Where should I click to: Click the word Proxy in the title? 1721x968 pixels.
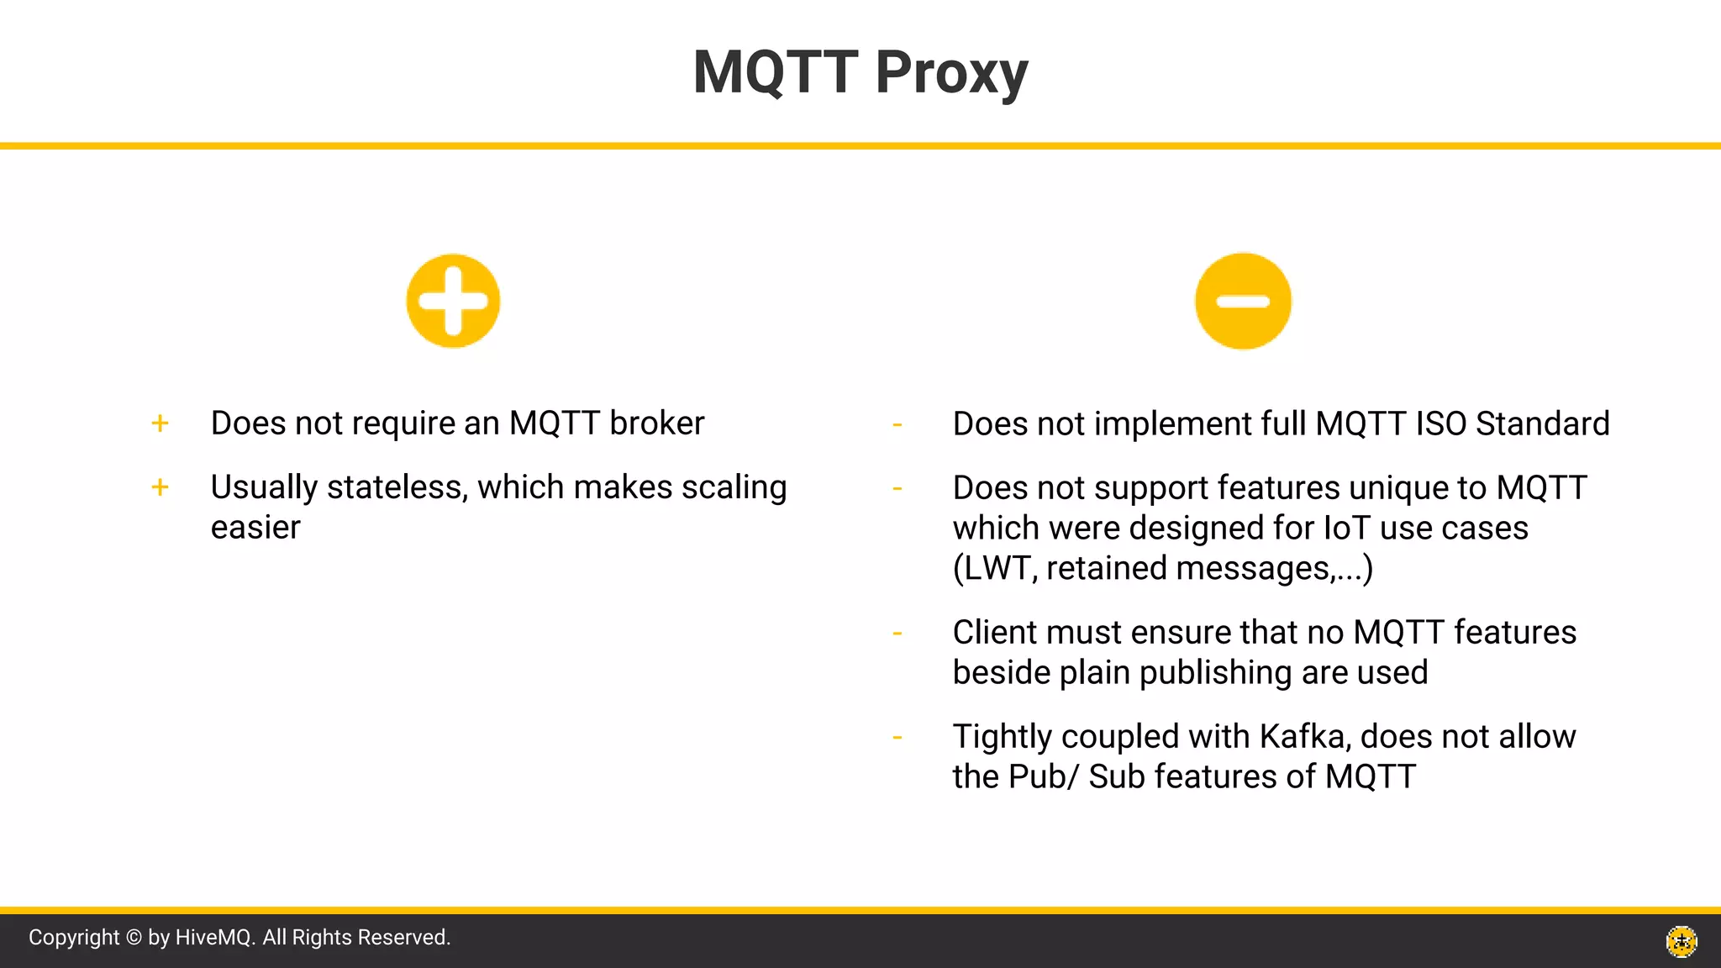(x=951, y=74)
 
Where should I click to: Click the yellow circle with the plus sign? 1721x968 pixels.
(x=453, y=301)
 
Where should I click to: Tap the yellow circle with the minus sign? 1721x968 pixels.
(x=1243, y=301)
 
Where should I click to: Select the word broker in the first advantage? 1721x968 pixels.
(x=656, y=423)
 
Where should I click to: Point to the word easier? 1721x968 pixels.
(x=255, y=529)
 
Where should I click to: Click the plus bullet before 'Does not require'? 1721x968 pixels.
(x=160, y=423)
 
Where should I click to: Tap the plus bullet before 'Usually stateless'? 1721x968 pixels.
(x=160, y=487)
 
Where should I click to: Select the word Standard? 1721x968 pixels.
(x=1543, y=424)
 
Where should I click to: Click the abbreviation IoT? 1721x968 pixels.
(x=1347, y=529)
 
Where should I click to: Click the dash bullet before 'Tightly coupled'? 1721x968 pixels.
(x=897, y=738)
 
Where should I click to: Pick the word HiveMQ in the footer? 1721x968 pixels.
(x=213, y=938)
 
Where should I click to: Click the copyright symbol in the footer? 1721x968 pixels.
(x=134, y=938)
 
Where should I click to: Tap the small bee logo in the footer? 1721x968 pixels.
(x=1682, y=941)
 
